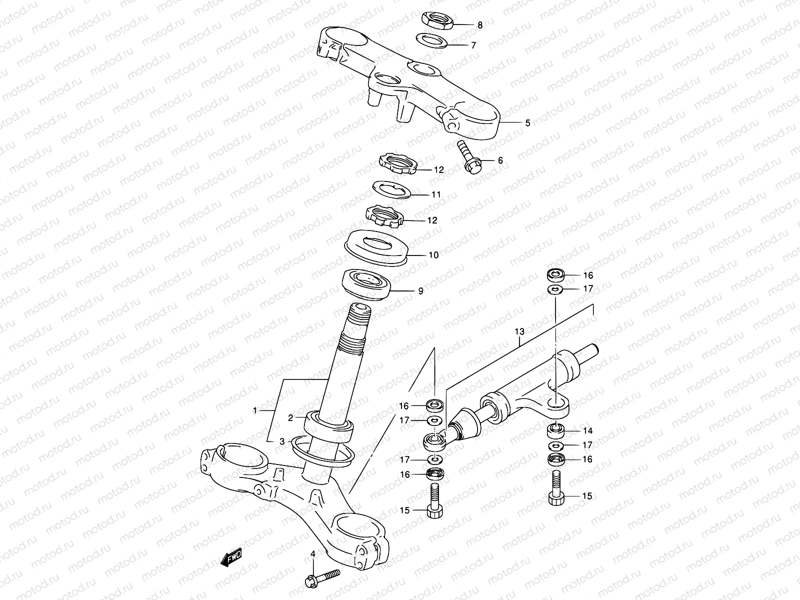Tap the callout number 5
point(527,122)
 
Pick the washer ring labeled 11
point(393,190)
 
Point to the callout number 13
point(519,331)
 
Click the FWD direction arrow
point(231,558)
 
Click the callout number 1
point(255,410)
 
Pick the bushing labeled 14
point(555,429)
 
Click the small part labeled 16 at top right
point(554,274)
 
